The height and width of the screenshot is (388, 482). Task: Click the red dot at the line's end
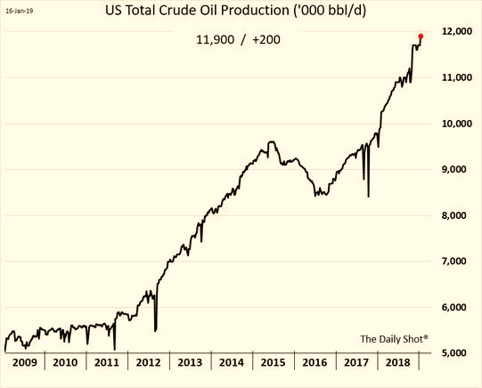[x=421, y=36]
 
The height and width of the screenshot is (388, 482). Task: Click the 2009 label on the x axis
[x=25, y=362]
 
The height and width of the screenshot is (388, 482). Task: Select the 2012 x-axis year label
[x=148, y=362]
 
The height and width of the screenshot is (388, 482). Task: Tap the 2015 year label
[x=273, y=362]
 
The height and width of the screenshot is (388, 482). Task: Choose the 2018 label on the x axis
[x=397, y=362]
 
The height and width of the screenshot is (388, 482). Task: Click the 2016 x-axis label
[x=315, y=362]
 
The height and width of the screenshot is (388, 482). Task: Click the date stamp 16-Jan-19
[x=20, y=11]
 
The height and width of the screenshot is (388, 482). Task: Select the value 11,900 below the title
[x=216, y=40]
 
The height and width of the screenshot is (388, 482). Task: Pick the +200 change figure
[x=266, y=40]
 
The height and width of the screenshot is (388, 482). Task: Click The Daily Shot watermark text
[x=394, y=339]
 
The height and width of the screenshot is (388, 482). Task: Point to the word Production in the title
[x=254, y=11]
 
